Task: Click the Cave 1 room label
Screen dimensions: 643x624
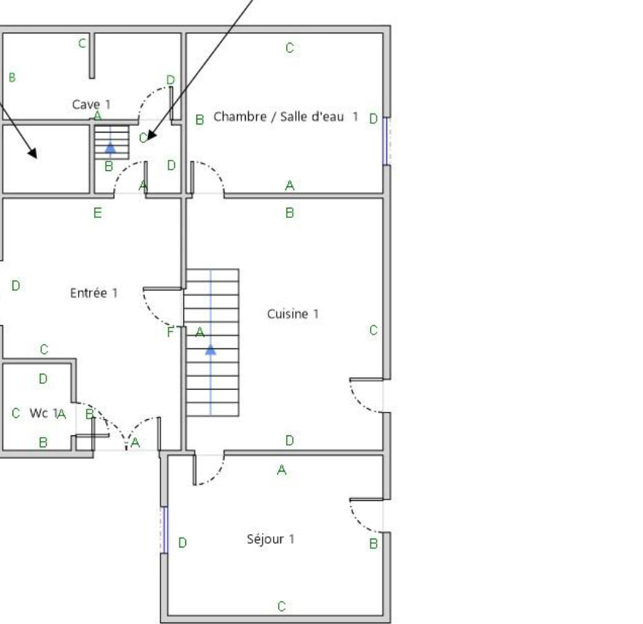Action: click(x=91, y=105)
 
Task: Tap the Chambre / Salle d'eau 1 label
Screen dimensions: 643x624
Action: click(x=286, y=116)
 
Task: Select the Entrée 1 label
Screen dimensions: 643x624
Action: click(x=94, y=292)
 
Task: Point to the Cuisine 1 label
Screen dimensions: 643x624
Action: click(x=293, y=314)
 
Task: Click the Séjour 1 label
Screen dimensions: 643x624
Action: click(x=271, y=539)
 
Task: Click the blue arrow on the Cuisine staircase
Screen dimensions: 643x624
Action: click(x=210, y=350)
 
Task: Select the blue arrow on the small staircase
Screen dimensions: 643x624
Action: click(x=110, y=148)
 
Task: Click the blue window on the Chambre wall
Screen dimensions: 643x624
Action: click(x=386, y=141)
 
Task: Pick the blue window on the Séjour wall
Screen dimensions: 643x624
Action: click(x=165, y=530)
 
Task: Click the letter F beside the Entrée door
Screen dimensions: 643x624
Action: click(x=171, y=332)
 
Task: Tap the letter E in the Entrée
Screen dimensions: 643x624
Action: click(x=98, y=213)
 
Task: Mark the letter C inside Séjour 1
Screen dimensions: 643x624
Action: click(x=281, y=606)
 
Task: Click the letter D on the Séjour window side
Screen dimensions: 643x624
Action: click(x=183, y=543)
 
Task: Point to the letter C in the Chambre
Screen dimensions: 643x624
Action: click(x=290, y=48)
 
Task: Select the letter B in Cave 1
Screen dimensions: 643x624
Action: click(x=13, y=77)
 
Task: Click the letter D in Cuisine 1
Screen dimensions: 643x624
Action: click(x=290, y=441)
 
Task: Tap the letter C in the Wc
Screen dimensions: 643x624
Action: click(x=16, y=413)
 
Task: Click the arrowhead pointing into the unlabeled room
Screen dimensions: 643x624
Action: click(x=33, y=153)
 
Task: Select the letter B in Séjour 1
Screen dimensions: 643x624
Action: click(x=373, y=544)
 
